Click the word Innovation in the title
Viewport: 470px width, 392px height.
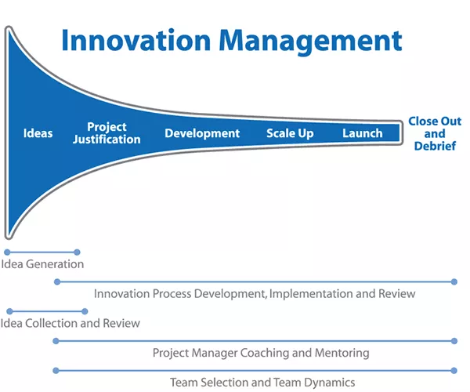point(136,41)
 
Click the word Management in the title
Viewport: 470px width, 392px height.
point(310,42)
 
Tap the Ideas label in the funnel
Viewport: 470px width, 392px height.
point(38,133)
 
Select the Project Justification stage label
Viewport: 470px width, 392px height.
point(107,133)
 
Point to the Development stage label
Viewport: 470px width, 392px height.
point(202,134)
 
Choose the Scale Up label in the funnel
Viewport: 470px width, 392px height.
point(290,134)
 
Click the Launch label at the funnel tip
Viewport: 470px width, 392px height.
point(363,133)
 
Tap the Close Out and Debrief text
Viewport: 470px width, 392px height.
point(435,133)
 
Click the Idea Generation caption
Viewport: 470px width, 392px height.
point(42,264)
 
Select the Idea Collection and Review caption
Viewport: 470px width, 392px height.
point(70,323)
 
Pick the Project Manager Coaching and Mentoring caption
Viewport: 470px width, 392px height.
point(261,353)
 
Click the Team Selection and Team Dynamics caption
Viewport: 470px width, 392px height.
point(262,383)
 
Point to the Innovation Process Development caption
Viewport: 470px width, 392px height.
point(255,294)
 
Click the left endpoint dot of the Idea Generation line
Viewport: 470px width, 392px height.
point(8,252)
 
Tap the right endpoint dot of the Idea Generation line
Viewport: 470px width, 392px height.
point(77,252)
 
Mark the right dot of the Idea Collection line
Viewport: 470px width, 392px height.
point(85,311)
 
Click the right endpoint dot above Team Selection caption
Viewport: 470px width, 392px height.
point(454,371)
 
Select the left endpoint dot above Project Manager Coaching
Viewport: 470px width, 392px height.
point(56,341)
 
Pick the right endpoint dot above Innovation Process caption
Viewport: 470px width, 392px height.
point(454,281)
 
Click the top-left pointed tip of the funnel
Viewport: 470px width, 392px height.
point(9,27)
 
